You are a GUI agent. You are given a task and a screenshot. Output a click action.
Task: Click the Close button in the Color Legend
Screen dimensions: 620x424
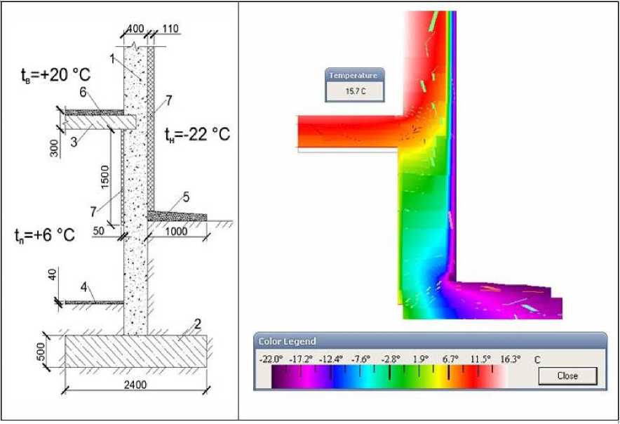point(567,376)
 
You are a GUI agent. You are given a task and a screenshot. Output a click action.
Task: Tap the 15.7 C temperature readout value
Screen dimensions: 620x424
point(356,91)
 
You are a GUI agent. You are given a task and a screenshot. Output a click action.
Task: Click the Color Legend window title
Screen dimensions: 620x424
point(287,341)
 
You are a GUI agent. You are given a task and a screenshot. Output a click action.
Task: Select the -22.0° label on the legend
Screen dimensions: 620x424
point(271,359)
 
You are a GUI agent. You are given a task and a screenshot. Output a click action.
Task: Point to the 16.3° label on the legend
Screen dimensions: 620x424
point(510,359)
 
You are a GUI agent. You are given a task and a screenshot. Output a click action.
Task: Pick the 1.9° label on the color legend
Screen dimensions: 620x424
point(420,359)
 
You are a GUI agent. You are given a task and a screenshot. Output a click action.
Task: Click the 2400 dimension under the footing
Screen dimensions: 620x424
point(135,385)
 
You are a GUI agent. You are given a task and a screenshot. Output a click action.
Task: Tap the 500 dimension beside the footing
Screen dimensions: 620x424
point(41,352)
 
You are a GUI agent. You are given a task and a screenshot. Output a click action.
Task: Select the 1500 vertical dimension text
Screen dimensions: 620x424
point(105,177)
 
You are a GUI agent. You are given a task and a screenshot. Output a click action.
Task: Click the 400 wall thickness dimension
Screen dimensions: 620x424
point(135,29)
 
